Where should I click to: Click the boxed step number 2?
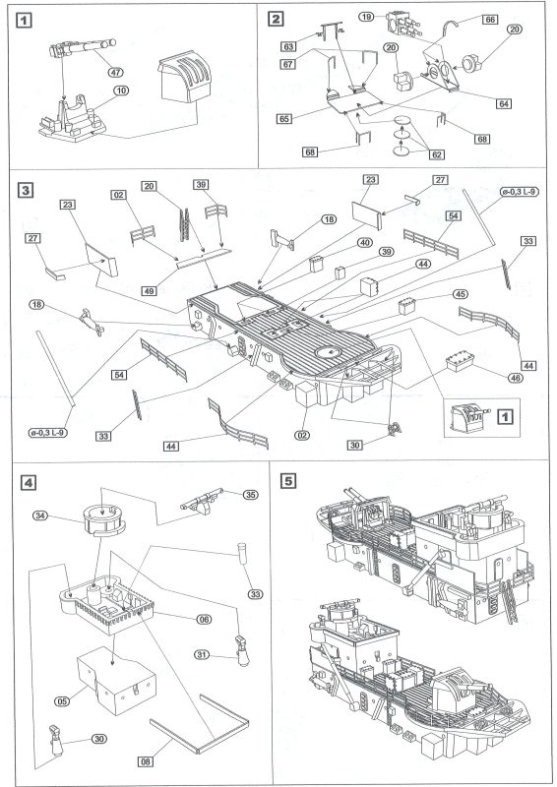[x=276, y=19]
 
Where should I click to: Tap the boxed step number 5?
[x=287, y=481]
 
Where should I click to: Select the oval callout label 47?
[x=115, y=72]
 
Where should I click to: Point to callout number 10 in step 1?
[x=121, y=91]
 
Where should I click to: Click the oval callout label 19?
[x=367, y=17]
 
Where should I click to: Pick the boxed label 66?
[x=490, y=20]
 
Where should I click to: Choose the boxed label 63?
[x=288, y=46]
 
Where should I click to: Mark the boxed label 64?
[x=504, y=103]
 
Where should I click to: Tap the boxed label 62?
[x=437, y=154]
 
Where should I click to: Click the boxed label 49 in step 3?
[x=150, y=290]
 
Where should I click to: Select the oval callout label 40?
[x=365, y=243]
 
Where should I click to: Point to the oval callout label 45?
[x=460, y=294]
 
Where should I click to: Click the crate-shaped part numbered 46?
[x=460, y=361]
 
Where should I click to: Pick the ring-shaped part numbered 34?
[x=103, y=520]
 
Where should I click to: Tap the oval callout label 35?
[x=250, y=495]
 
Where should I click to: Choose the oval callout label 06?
[x=204, y=620]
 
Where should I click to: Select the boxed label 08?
[x=145, y=761]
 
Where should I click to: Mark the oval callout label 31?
[x=202, y=655]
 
